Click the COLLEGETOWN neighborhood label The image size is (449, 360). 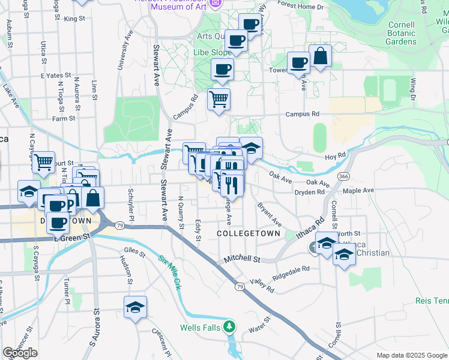(x=249, y=232)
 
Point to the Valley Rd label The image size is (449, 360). (x=262, y=286)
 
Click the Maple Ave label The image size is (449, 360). (x=358, y=190)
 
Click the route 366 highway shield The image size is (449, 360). (x=343, y=176)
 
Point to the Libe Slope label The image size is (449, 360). (x=212, y=52)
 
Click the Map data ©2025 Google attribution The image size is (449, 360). (x=411, y=355)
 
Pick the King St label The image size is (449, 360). (x=75, y=19)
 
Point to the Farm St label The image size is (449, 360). (x=63, y=118)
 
